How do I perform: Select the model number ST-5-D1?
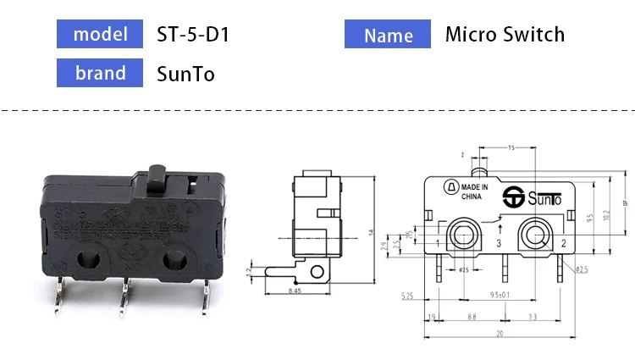click(193, 35)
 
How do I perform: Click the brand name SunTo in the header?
click(185, 74)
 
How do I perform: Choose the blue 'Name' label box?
click(389, 35)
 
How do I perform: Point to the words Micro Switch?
click(505, 35)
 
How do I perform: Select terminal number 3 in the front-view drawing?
click(499, 244)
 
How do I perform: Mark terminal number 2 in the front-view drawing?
click(563, 244)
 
